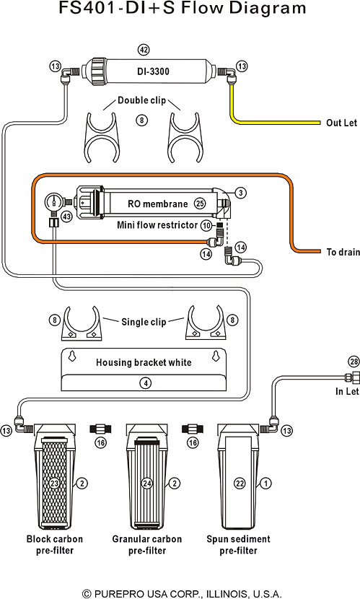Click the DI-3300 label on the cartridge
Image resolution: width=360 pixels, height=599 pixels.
(x=153, y=71)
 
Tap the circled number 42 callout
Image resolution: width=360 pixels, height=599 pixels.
(x=143, y=50)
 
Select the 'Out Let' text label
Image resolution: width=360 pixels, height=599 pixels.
(x=341, y=123)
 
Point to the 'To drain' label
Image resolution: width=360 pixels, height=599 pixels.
(x=343, y=252)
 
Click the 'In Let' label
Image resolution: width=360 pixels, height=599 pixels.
(x=347, y=391)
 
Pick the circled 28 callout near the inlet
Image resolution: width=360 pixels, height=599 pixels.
(x=354, y=362)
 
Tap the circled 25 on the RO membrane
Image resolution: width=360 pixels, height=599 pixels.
(x=200, y=204)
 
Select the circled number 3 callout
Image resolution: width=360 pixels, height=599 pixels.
(x=240, y=193)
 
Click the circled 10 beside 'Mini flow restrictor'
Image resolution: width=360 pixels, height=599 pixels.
(x=206, y=225)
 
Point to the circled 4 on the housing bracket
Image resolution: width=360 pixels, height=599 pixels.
(x=145, y=382)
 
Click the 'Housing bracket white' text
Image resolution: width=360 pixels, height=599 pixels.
(x=144, y=362)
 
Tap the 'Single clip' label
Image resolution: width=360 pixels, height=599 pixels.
(x=144, y=322)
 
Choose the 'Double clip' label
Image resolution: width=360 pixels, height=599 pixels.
(x=141, y=100)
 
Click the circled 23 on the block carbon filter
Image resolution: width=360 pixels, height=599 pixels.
(x=54, y=484)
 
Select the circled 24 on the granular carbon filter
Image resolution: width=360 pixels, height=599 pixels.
(x=147, y=484)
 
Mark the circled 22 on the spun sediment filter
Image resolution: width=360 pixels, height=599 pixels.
(x=240, y=484)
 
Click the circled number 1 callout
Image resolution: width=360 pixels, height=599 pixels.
(x=265, y=484)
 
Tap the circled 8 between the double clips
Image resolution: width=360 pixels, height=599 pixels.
(x=141, y=121)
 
